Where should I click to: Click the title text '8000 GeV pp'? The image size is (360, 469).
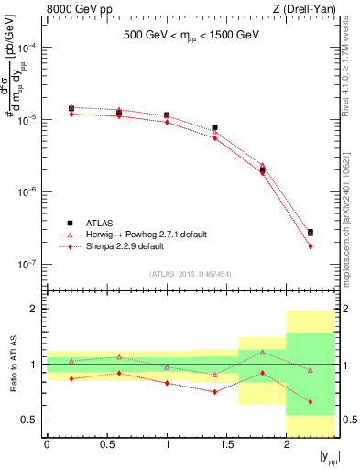click(x=72, y=10)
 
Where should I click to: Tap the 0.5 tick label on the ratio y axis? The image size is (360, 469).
click(x=30, y=420)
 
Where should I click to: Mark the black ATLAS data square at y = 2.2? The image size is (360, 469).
click(x=311, y=233)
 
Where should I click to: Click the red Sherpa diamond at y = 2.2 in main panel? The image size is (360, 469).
click(x=311, y=246)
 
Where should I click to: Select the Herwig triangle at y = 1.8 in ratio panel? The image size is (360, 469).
click(x=262, y=352)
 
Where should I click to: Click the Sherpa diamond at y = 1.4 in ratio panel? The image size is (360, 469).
click(x=214, y=391)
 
